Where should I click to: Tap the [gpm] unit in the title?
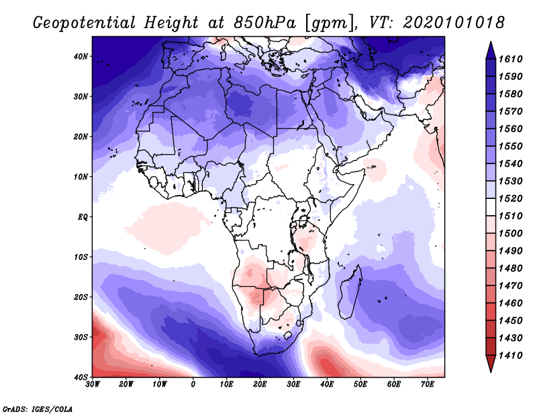326,22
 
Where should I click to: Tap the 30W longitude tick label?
93,385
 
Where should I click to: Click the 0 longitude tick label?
193,385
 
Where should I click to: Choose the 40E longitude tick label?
327,385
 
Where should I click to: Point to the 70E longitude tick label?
427,385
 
